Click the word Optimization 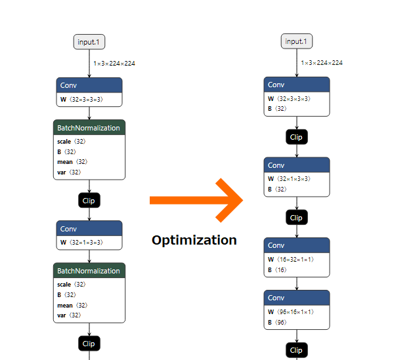pyautogui.click(x=194, y=240)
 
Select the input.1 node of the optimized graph pyautogui.click(x=297, y=41)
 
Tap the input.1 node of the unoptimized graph pyautogui.click(x=89, y=41)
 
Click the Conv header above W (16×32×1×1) pyautogui.click(x=296, y=245)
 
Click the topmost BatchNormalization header pyautogui.click(x=89, y=128)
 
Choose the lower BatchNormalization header pyautogui.click(x=89, y=271)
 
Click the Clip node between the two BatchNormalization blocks pyautogui.click(x=89, y=200)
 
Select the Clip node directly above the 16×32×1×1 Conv pyautogui.click(x=296, y=217)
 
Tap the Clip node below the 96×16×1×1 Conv pyautogui.click(x=296, y=350)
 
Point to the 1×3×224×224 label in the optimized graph pyautogui.click(x=322, y=63)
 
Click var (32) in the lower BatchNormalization pyautogui.click(x=68, y=315)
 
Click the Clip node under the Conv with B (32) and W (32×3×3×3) pyautogui.click(x=296, y=137)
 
